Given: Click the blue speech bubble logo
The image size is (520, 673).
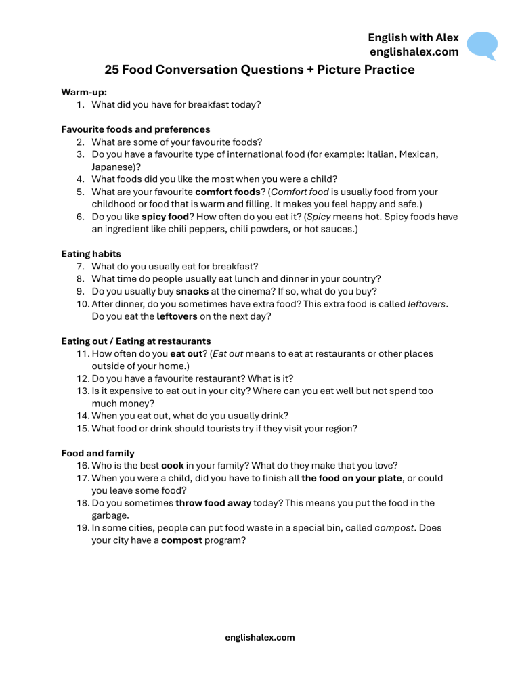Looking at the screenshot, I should click(x=482, y=45).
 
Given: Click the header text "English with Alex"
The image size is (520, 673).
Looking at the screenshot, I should click(x=414, y=38).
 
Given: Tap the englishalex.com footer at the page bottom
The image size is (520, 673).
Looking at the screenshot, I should click(x=259, y=637).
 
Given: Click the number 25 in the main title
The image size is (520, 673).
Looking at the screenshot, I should click(x=113, y=70).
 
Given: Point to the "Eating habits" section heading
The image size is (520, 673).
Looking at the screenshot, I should click(x=91, y=254).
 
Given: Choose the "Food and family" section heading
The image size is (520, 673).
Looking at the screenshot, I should click(x=97, y=453).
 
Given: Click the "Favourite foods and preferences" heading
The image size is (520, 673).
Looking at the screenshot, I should click(x=135, y=129).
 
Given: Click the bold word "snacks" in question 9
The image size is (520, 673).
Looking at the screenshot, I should click(x=192, y=291).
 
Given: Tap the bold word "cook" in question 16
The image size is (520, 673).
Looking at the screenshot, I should click(x=173, y=465).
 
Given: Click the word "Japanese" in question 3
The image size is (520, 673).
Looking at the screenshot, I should click(x=112, y=167).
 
